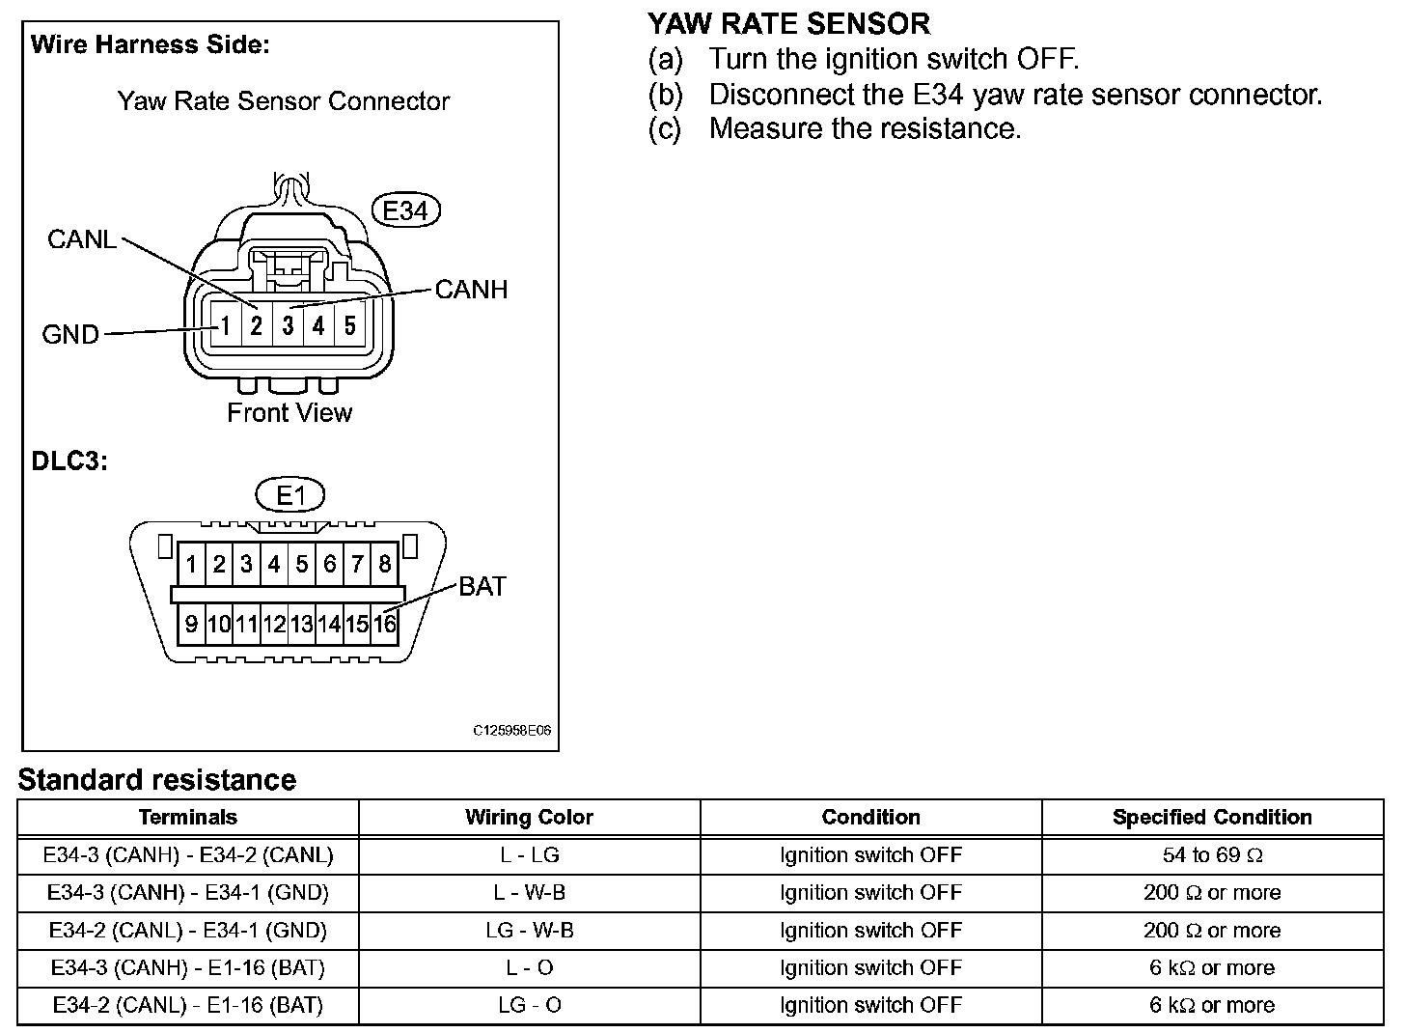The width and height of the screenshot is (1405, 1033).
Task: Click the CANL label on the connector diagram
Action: (x=82, y=239)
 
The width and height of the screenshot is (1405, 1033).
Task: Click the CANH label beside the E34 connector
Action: (x=471, y=290)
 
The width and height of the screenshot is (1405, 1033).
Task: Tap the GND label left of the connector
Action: (x=70, y=335)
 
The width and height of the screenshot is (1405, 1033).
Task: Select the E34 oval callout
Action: (x=405, y=210)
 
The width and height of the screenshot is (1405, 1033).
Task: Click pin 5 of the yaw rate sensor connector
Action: (x=349, y=326)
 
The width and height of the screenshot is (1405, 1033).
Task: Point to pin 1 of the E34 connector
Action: (x=225, y=326)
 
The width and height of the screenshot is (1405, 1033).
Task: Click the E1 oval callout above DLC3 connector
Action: (x=289, y=495)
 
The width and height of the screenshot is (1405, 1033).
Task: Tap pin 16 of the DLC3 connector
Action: (x=385, y=624)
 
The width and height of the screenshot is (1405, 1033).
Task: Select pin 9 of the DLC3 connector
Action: (x=191, y=624)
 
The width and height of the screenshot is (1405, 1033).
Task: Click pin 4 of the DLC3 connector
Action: (x=274, y=564)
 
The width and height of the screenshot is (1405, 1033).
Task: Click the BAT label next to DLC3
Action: (x=482, y=586)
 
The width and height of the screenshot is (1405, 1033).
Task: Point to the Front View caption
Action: (x=289, y=413)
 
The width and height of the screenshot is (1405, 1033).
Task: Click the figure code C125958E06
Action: (x=511, y=731)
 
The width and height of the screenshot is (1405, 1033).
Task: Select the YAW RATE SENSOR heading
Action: (x=788, y=23)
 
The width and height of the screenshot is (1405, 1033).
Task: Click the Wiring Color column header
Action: (x=529, y=818)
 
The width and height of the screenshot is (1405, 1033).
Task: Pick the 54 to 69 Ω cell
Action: (x=1212, y=855)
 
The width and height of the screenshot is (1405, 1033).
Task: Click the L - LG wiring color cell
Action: (x=529, y=855)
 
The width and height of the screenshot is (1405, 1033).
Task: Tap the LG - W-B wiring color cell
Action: (x=529, y=931)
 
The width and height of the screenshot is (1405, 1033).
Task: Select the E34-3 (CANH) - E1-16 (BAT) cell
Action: (x=188, y=968)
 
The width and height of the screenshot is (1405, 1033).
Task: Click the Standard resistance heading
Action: (x=157, y=779)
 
